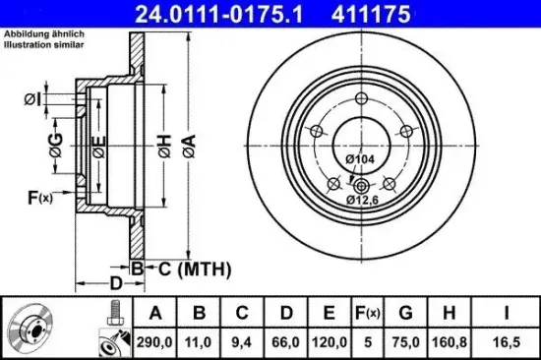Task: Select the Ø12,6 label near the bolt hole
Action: tap(362, 200)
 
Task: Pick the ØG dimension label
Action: tap(57, 150)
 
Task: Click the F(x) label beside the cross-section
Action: tap(39, 198)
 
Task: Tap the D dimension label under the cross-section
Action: tap(115, 284)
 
